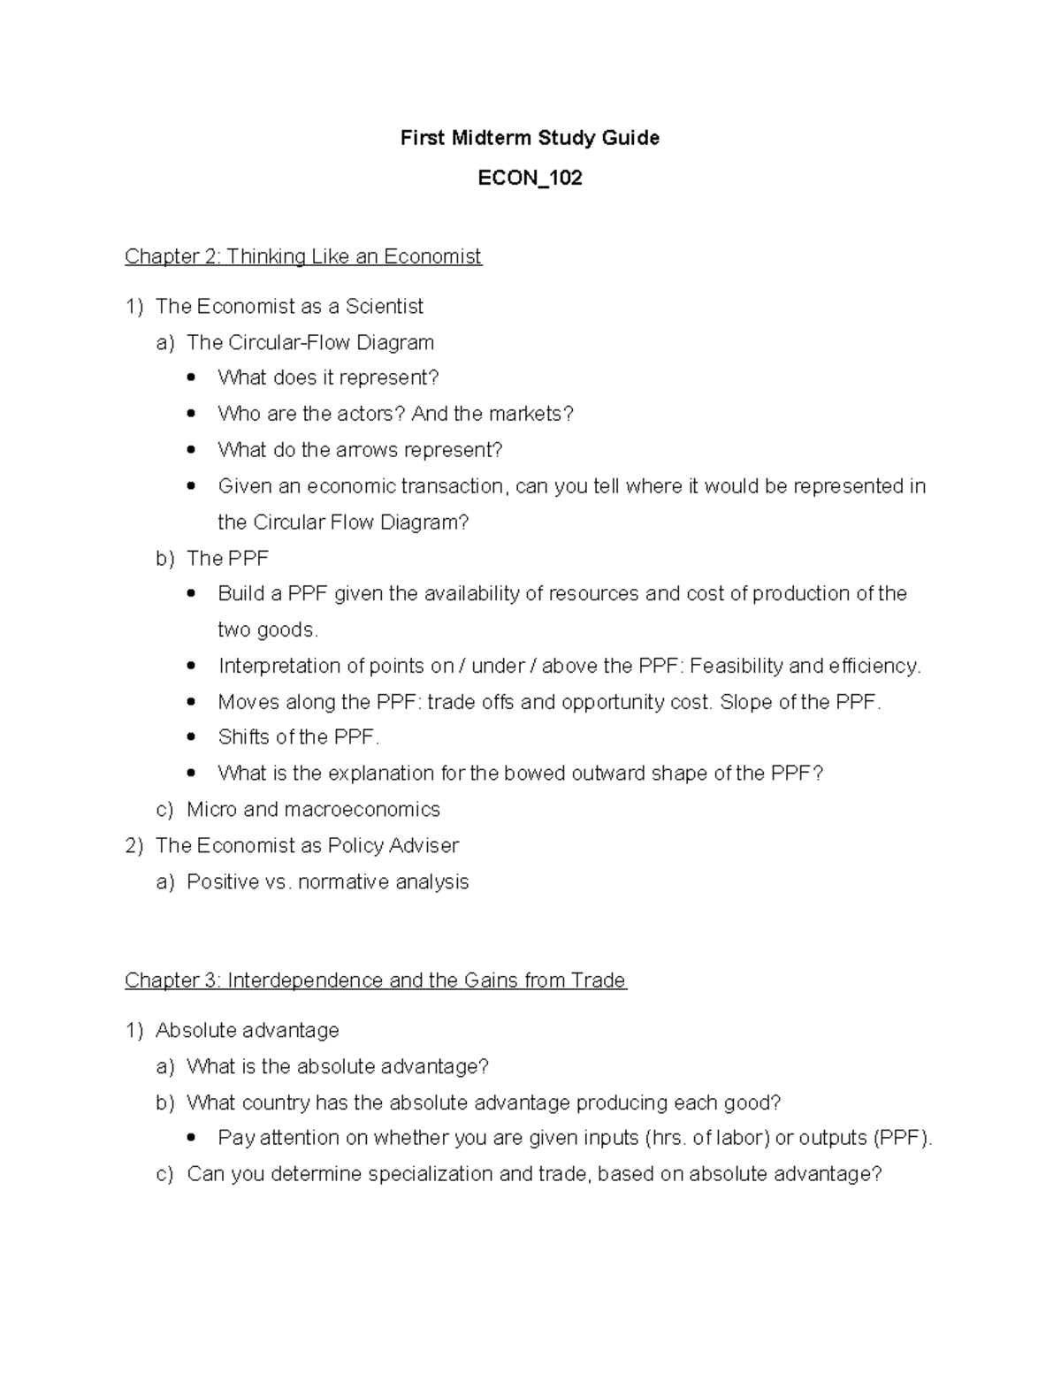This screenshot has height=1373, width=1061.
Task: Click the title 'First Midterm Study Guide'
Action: coord(530,138)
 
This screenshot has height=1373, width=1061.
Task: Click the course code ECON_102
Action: coord(530,179)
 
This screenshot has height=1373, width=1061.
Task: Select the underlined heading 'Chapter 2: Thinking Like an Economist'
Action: coord(302,256)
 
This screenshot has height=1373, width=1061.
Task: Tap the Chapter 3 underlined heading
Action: coord(375,980)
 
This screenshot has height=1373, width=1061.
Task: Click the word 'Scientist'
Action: coord(385,307)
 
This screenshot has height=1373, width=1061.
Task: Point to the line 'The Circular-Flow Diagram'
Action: coord(310,342)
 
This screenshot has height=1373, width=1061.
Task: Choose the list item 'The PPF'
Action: coord(227,558)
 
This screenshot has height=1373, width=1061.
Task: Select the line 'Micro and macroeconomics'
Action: coord(313,810)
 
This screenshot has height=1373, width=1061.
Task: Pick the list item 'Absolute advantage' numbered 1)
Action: coord(247,1031)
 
